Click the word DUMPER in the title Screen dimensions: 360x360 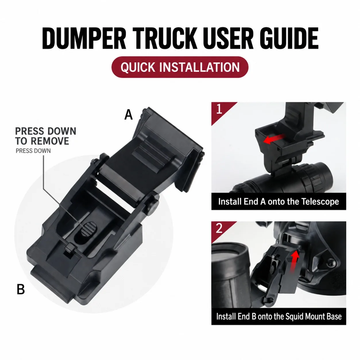click(84, 38)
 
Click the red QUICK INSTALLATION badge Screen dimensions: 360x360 click(180, 67)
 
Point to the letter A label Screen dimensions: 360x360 click(129, 115)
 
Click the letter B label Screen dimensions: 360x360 click(21, 290)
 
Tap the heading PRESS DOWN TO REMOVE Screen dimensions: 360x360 click(46, 136)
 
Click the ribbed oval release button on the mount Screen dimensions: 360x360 click(89, 229)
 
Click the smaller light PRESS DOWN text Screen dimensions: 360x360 click(33, 151)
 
